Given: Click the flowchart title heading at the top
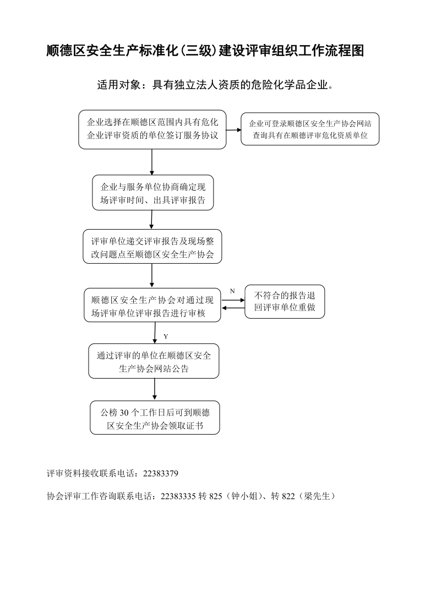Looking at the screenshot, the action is point(205,51).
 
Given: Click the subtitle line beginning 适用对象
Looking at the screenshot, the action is point(215,85).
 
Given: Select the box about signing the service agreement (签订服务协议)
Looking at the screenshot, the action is point(152,130).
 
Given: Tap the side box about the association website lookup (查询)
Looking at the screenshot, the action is point(310,129).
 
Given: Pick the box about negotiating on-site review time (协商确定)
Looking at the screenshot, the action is point(153,193).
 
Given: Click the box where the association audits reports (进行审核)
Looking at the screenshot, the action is point(152,306).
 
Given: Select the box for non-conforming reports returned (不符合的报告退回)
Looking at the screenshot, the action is point(285,302).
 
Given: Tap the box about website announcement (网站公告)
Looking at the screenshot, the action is point(154,361).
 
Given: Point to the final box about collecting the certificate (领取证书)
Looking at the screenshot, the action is point(155,418).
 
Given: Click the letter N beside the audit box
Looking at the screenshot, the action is point(232,291).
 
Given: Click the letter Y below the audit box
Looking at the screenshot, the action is point(166,336).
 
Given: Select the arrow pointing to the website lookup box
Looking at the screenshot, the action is point(234,130).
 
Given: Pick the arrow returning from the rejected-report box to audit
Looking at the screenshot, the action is point(233,308).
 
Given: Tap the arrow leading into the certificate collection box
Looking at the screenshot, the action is point(155,390).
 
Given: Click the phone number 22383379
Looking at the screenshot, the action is point(161,474).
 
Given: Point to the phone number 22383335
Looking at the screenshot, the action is point(178,496).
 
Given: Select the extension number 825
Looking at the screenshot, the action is point(216,496).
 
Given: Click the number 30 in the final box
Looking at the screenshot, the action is point(124,413).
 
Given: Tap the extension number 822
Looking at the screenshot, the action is point(288,496).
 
